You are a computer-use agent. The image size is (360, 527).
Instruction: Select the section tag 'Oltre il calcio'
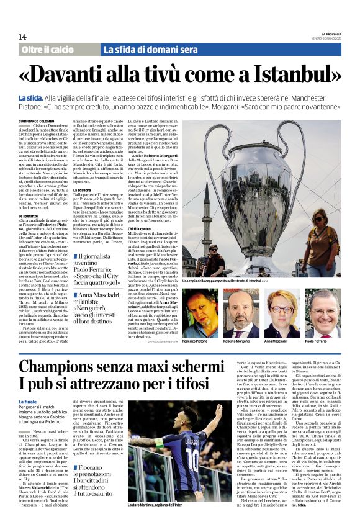pos(48,49)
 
